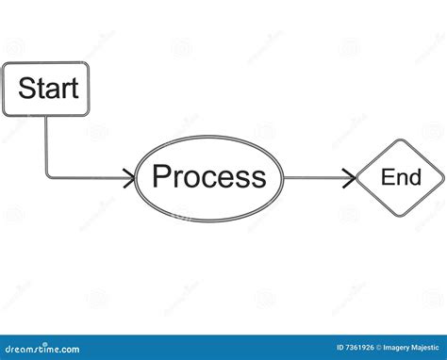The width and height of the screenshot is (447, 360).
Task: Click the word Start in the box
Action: point(47,90)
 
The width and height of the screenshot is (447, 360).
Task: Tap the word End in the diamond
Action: point(400,176)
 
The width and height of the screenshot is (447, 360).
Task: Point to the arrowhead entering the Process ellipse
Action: point(130,176)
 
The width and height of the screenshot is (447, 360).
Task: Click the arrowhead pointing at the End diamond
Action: point(351,176)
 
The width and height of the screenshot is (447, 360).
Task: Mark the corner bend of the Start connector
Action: point(47,175)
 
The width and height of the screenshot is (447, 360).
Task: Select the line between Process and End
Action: point(316,176)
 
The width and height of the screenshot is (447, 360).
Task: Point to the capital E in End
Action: point(387,176)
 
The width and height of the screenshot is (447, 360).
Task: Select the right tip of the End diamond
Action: point(443,177)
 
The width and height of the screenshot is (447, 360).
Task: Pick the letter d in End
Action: point(413,176)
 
